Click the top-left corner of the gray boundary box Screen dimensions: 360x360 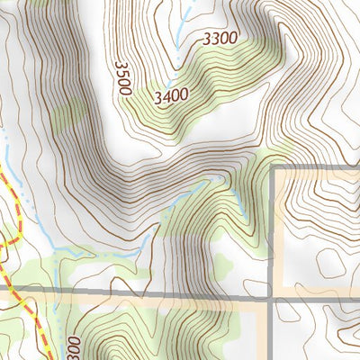(x=274, y=168)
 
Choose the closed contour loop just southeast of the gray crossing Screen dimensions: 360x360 (x=297, y=314)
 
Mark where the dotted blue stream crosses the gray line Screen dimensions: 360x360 (x=56, y=294)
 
